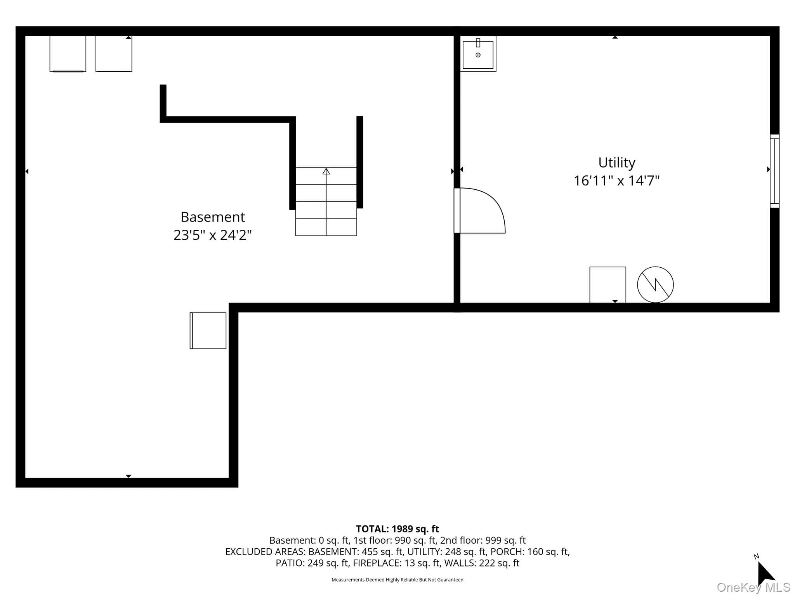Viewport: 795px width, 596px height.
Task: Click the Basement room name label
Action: point(213,217)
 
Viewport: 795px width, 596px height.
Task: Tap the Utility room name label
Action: point(616,163)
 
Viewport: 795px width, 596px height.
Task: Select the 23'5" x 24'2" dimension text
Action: point(212,235)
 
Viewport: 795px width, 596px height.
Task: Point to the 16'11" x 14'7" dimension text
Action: point(616,181)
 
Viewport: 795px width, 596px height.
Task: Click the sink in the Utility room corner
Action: point(478,54)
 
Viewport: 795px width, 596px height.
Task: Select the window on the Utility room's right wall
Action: point(774,171)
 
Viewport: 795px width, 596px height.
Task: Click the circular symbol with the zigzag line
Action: point(655,284)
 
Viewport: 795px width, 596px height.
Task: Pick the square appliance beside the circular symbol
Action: point(608,285)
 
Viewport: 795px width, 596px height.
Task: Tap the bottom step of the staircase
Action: point(326,227)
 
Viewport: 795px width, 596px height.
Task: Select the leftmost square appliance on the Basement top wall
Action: point(68,54)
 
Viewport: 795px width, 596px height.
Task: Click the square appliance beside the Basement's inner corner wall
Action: point(208,331)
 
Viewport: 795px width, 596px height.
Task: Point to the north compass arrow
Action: point(765,573)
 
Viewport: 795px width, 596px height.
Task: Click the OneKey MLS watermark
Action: point(753,587)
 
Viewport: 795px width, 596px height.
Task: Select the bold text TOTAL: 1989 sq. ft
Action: point(397,529)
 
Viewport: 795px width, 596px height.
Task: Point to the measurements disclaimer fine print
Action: point(397,580)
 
